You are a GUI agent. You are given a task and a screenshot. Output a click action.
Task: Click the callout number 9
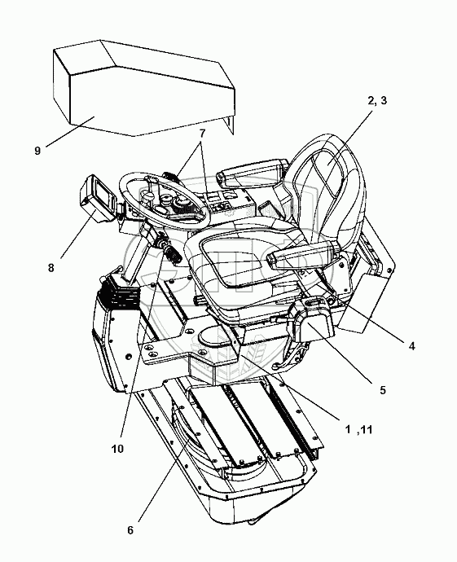pos(37,151)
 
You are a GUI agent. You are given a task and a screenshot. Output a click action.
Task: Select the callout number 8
pos(51,267)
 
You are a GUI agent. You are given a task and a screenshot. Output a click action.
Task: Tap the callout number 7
pos(202,134)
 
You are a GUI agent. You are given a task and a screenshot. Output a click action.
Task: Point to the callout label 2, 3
pos(377,101)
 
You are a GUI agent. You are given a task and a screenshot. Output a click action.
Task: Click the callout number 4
pos(412,346)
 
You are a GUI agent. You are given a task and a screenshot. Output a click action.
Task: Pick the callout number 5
pos(383,390)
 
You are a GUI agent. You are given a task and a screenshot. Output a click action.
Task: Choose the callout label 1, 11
pos(358,429)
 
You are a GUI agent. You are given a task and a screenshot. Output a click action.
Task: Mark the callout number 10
pos(117,449)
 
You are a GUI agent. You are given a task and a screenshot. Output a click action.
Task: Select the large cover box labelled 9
pos(143,88)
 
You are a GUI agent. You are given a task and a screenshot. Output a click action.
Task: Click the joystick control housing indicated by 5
pos(311,319)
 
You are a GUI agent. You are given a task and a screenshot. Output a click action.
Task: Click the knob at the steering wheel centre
pos(148,195)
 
